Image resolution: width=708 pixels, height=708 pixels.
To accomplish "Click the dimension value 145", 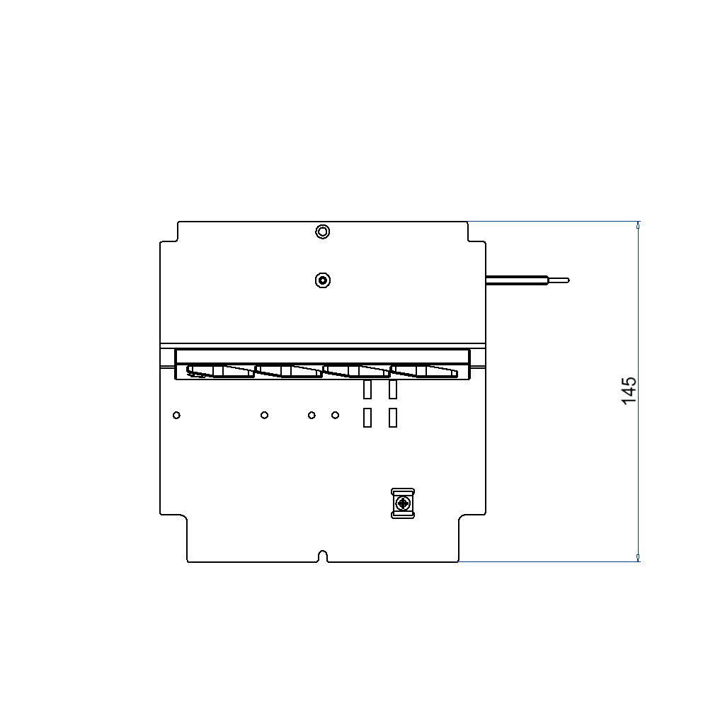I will [x=629, y=392].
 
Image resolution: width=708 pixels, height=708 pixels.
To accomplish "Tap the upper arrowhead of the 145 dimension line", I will [x=639, y=226].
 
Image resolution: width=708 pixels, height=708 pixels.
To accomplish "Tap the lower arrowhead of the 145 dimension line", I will [x=639, y=558].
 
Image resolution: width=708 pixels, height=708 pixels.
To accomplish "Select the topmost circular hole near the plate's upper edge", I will [x=322, y=232].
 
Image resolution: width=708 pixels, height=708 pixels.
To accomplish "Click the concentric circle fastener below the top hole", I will [x=322, y=280].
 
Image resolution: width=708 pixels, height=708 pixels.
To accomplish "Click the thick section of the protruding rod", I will [x=517, y=280].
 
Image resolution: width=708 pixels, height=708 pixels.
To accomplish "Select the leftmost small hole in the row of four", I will [x=176, y=415].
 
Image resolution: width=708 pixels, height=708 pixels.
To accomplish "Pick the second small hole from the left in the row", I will [x=264, y=415].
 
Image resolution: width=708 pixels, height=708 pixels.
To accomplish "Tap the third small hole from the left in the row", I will [x=312, y=415].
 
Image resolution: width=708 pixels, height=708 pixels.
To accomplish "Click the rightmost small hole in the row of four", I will [x=336, y=415].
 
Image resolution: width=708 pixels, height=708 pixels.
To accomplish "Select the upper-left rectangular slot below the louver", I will [x=367, y=389].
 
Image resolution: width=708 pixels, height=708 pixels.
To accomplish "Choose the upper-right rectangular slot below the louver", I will [x=393, y=389].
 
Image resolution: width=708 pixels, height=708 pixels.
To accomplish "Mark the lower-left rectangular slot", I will [x=367, y=418].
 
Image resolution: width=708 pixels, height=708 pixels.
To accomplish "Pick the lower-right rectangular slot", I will [x=393, y=418].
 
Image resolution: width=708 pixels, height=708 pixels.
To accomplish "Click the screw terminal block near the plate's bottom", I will [x=404, y=503].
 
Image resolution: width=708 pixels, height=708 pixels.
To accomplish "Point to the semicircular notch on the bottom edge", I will [x=323, y=556].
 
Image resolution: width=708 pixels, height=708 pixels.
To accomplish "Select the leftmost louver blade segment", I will [x=219, y=371].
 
